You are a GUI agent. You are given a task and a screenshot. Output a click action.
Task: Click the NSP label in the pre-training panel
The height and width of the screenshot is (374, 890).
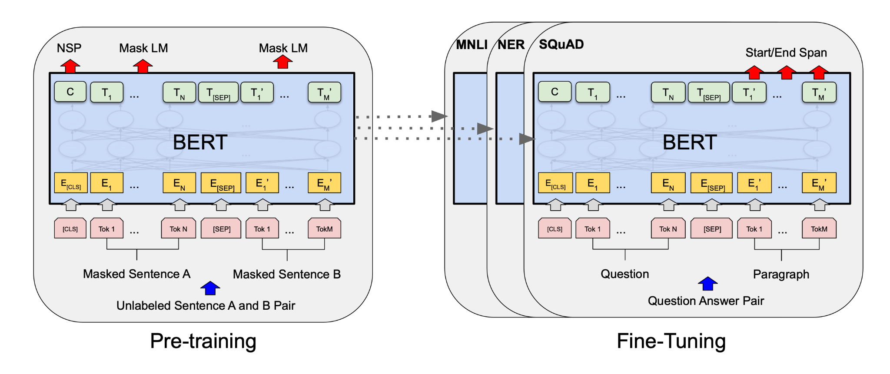click(x=69, y=48)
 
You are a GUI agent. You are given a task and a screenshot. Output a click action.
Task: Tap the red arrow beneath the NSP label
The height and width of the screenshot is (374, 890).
click(x=70, y=66)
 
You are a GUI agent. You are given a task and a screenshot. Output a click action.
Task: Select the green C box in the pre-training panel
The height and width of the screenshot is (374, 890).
click(x=70, y=92)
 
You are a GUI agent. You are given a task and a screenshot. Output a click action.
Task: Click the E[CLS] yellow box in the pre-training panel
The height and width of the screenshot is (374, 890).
click(x=71, y=183)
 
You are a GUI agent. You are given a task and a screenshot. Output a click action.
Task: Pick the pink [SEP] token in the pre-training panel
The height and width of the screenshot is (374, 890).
click(x=222, y=228)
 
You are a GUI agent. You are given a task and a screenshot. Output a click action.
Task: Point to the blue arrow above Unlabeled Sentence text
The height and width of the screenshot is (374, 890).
click(x=210, y=288)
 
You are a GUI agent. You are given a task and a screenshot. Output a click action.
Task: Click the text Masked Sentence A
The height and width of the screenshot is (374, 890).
click(x=137, y=274)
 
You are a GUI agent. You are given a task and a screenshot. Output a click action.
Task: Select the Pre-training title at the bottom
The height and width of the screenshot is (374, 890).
click(x=203, y=341)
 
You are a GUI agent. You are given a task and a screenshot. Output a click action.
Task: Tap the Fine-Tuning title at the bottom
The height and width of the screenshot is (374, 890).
click(x=671, y=341)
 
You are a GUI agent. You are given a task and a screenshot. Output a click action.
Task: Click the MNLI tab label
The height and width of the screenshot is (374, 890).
click(x=472, y=45)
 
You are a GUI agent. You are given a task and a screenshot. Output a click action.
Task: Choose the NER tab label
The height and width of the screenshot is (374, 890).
click(x=511, y=45)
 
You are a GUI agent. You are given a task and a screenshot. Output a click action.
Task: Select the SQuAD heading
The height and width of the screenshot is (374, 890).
click(x=561, y=44)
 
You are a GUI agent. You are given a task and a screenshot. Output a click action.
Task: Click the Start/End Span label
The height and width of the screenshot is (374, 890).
click(x=786, y=53)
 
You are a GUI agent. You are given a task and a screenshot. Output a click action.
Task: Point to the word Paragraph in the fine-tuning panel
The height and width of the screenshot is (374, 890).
click(x=781, y=275)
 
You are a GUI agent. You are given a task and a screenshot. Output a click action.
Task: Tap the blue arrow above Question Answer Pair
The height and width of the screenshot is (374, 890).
click(x=707, y=284)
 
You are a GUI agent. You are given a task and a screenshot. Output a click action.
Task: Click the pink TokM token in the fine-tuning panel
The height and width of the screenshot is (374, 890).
click(x=819, y=228)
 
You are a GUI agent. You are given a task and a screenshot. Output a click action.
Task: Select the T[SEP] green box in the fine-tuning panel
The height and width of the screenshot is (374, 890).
click(x=709, y=92)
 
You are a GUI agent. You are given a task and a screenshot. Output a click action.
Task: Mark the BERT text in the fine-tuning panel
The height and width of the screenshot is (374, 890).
click(x=690, y=142)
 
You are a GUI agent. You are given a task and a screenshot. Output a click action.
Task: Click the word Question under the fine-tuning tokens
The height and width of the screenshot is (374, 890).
click(x=625, y=274)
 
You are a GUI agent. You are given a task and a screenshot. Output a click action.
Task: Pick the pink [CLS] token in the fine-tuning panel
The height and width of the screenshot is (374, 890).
click(x=555, y=228)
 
